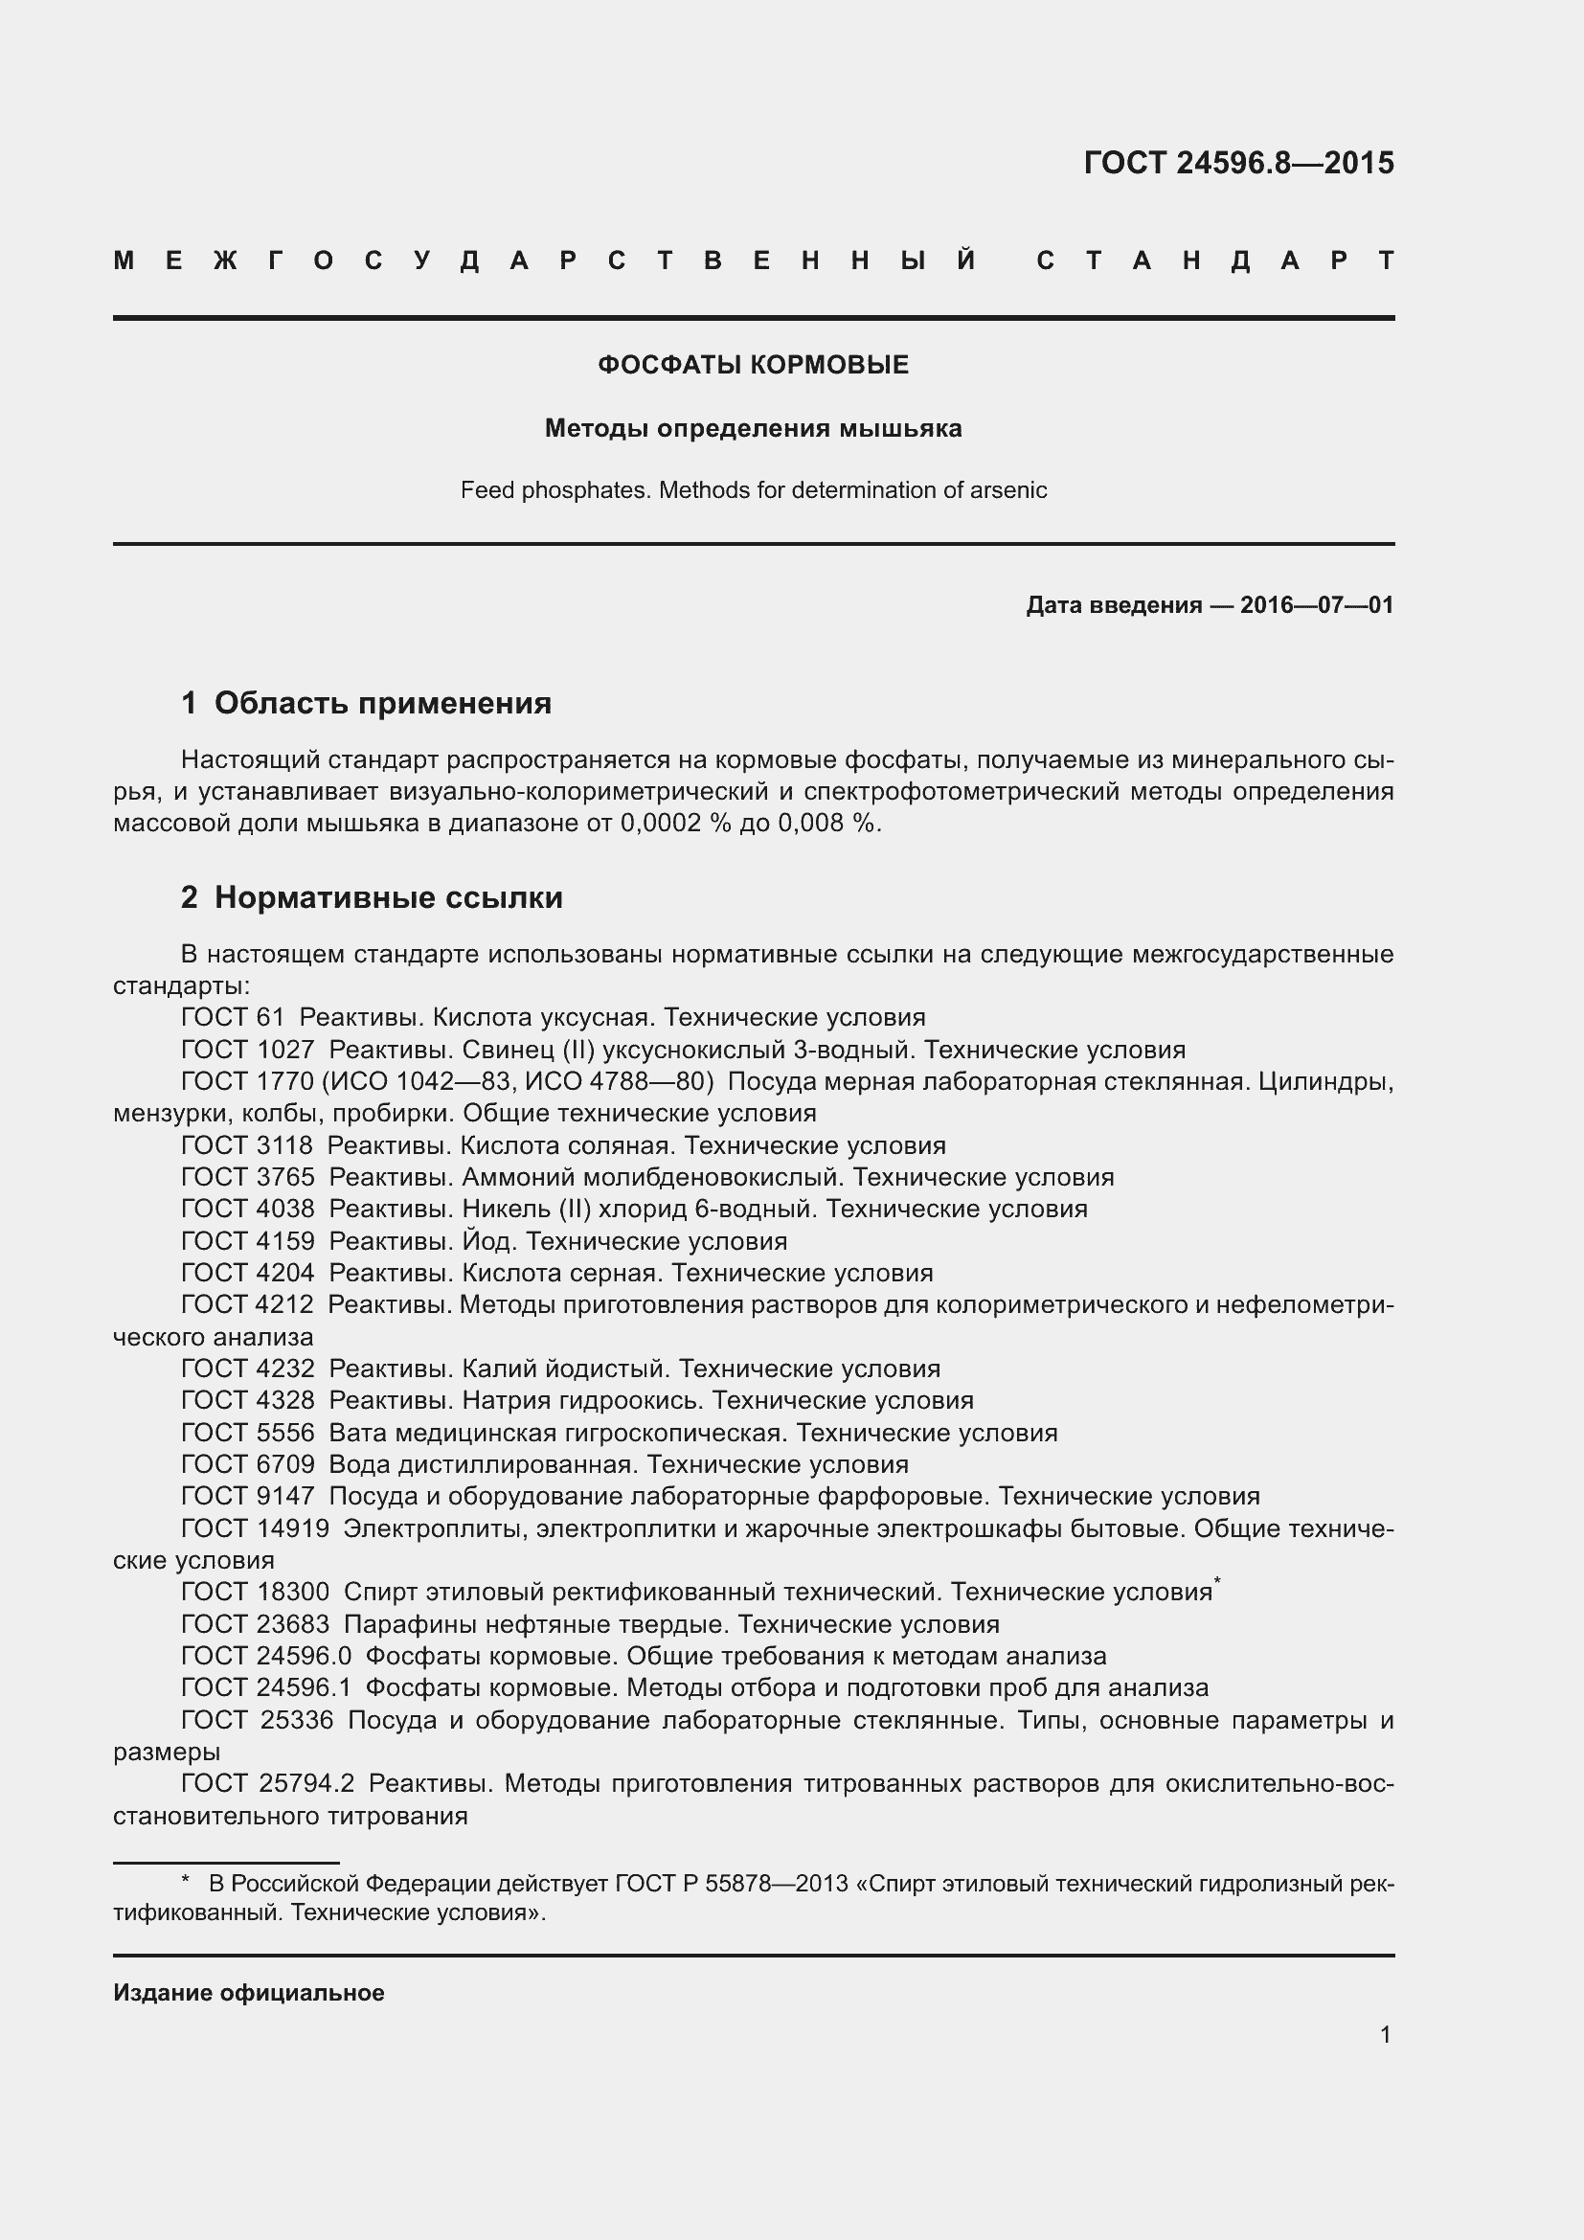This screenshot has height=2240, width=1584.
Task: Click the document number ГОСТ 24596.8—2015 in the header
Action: point(1237,163)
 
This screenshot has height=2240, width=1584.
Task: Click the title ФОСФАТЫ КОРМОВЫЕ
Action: point(753,365)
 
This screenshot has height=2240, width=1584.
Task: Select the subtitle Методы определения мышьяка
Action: point(753,428)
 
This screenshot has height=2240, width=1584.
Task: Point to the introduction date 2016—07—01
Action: point(1316,605)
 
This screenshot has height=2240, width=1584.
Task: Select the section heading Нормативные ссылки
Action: point(388,896)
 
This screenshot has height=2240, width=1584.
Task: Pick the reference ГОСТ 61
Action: point(232,1017)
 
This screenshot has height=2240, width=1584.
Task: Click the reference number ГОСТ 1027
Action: point(248,1050)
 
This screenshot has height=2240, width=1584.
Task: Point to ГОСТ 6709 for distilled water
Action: point(248,1464)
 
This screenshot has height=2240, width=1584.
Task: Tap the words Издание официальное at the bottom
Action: point(249,1992)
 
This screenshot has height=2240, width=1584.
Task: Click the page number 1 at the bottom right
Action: point(1385,2034)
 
